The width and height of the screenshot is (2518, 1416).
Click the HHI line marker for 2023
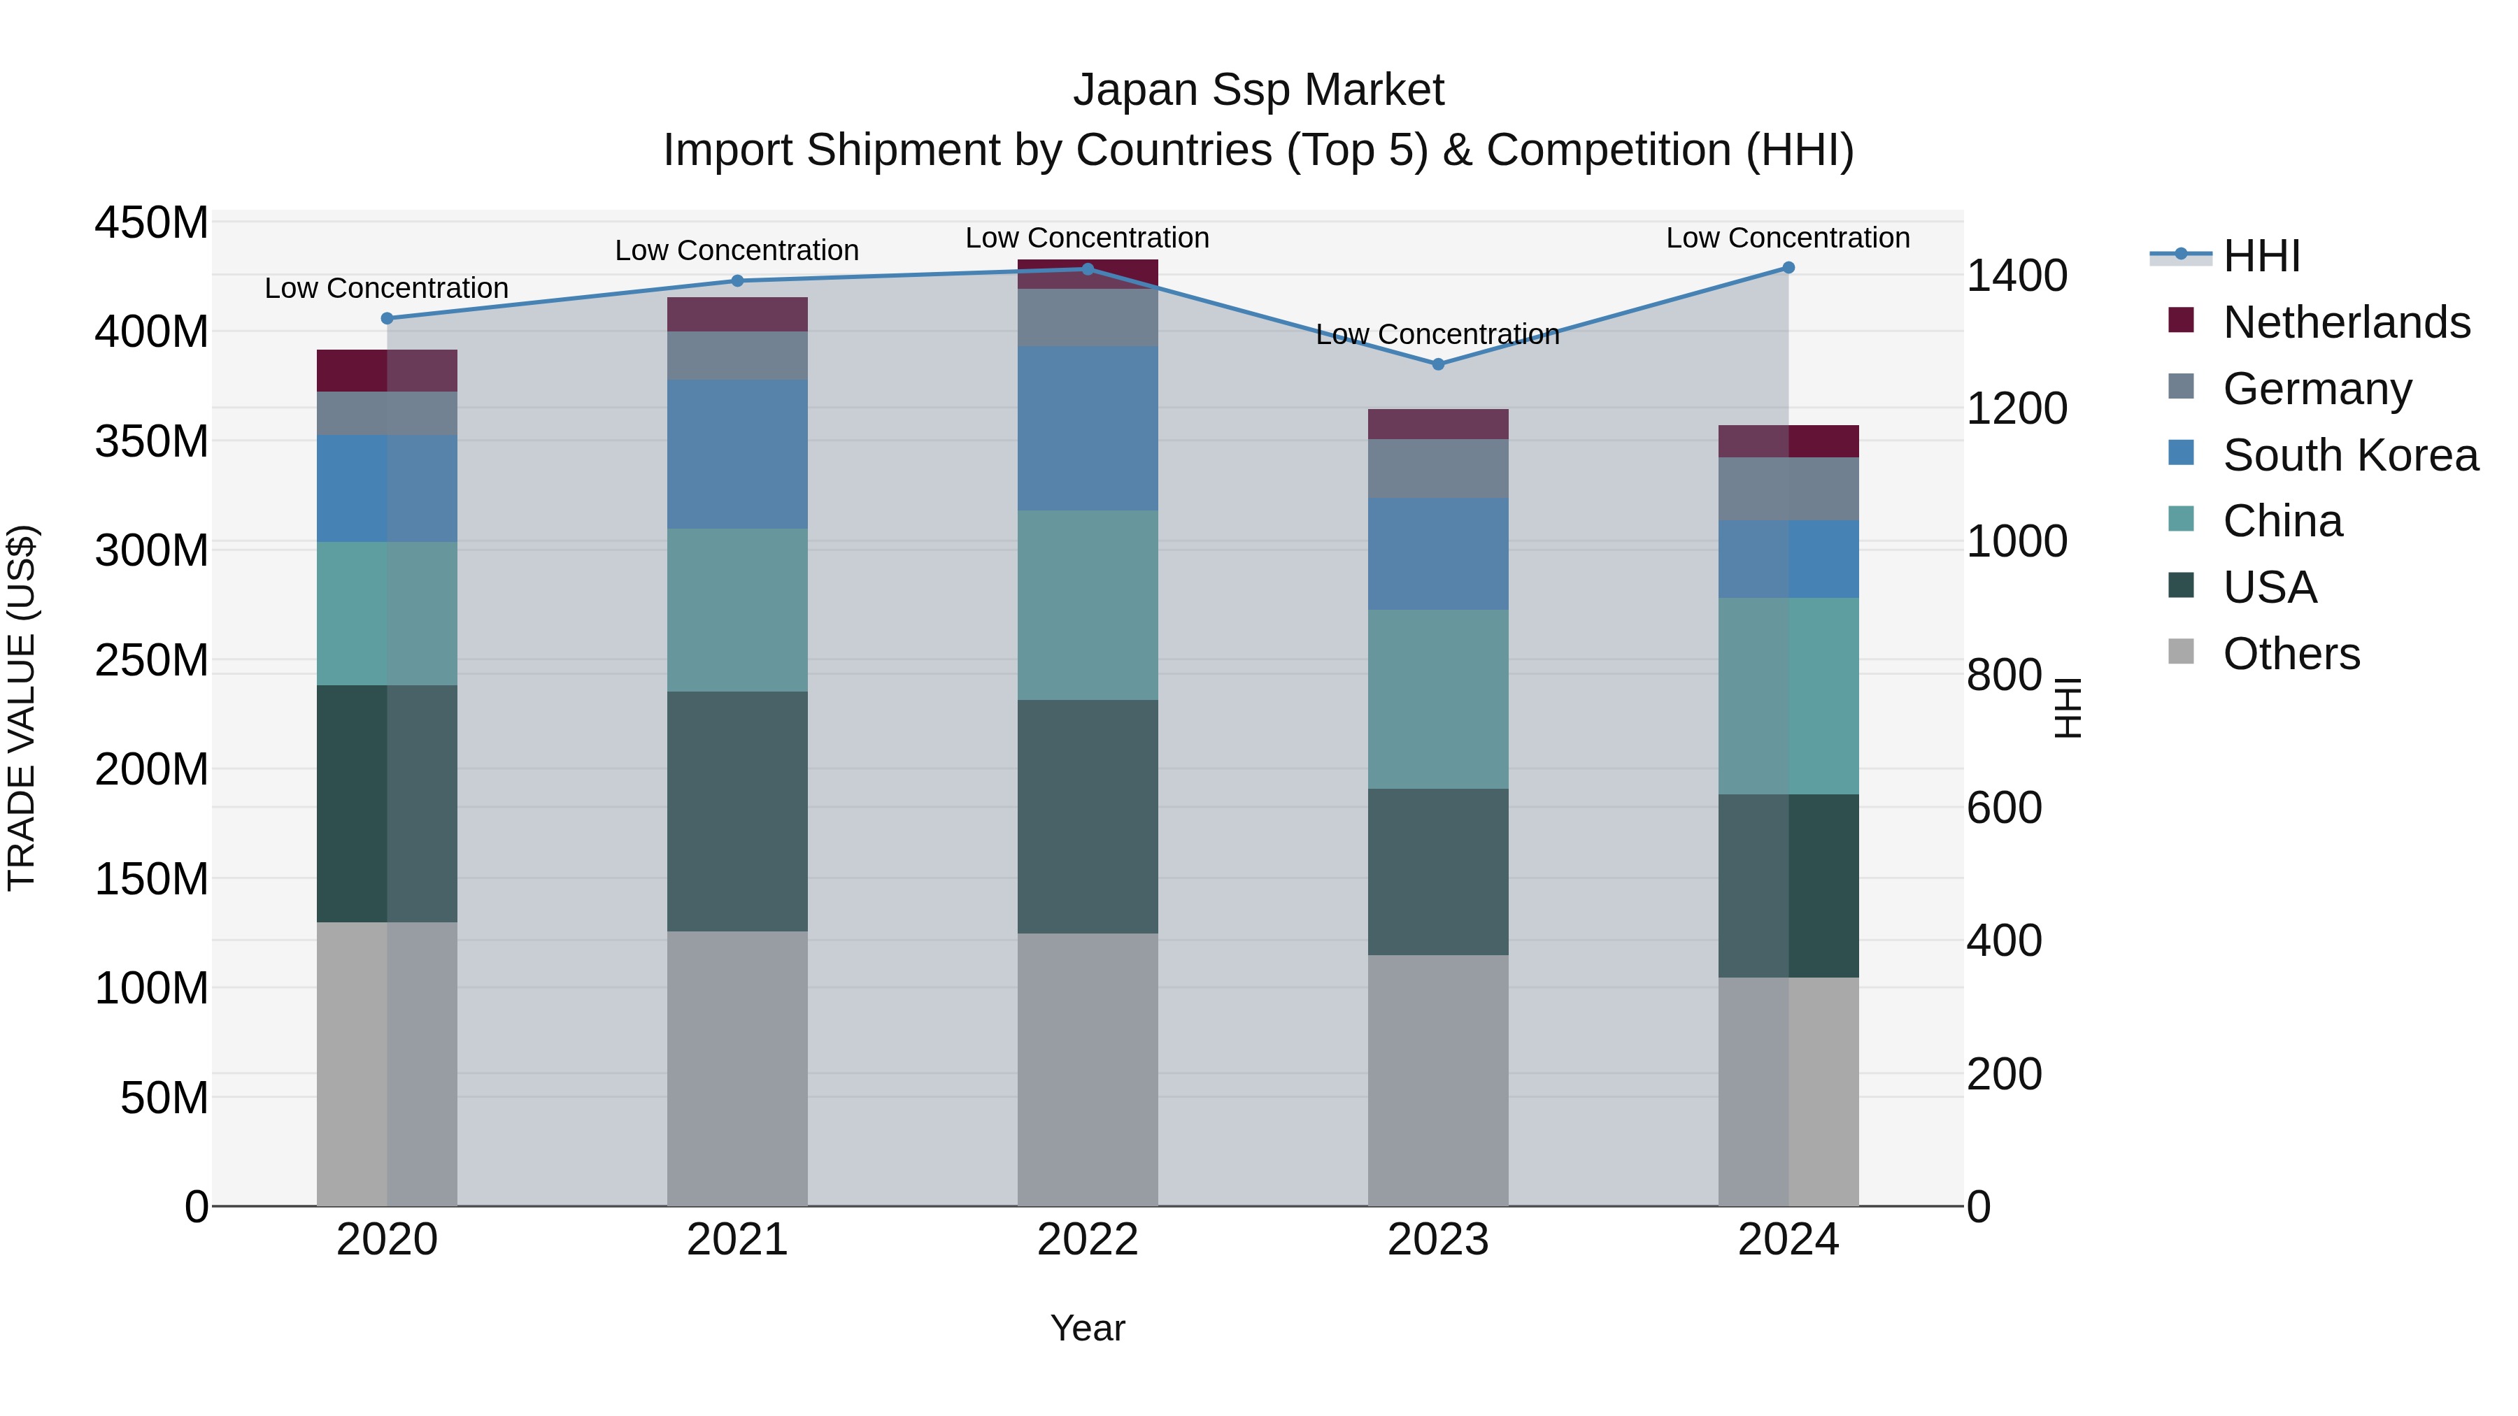[x=1437, y=364]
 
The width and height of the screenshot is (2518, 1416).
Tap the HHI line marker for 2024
[x=1788, y=268]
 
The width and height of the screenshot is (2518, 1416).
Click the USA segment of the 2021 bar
[x=737, y=811]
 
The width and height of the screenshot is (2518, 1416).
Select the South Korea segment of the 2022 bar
[x=1087, y=428]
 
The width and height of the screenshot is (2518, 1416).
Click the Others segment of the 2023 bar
[x=1437, y=1080]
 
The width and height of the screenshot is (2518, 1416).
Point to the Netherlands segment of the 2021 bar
[x=737, y=315]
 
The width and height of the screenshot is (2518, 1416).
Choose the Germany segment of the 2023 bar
[x=1437, y=468]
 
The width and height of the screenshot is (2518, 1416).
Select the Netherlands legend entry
[x=2346, y=322]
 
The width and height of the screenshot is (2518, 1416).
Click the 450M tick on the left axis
[x=152, y=223]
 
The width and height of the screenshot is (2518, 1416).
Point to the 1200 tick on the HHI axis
[x=2016, y=408]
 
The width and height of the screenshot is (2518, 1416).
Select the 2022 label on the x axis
[x=1087, y=1240]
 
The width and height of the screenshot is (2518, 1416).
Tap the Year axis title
[x=1087, y=1328]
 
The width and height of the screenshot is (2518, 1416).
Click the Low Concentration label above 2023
[x=1437, y=334]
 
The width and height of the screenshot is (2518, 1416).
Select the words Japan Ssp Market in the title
[x=1258, y=90]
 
